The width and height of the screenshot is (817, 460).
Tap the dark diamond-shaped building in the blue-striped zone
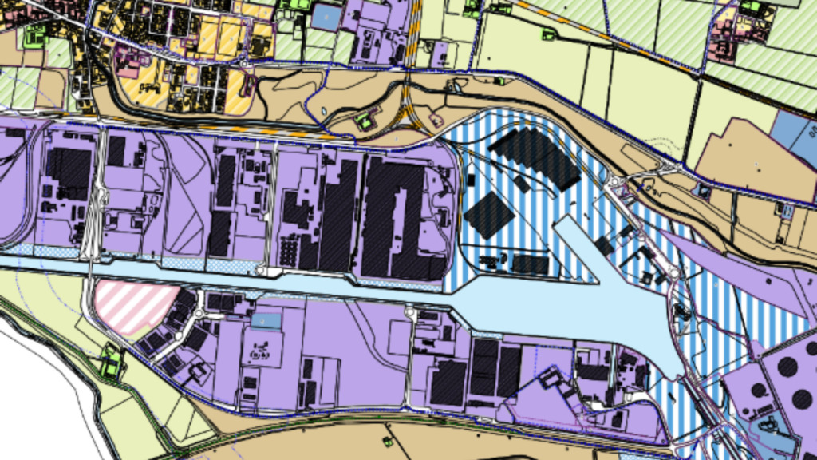(x=488, y=215)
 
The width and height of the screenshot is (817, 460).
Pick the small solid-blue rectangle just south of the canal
(x=266, y=320)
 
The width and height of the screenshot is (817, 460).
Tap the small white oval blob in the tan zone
(x=436, y=120)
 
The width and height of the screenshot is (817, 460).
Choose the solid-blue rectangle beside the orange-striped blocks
(x=324, y=16)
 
